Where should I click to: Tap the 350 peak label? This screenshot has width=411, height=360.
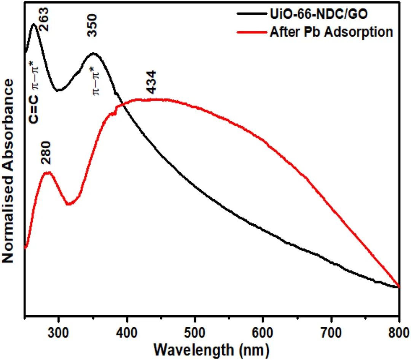[92, 25]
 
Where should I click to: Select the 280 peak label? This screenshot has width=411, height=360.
[46, 153]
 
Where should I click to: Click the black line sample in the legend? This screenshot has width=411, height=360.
[252, 16]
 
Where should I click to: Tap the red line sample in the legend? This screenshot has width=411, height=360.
[252, 32]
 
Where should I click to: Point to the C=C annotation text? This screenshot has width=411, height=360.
[34, 111]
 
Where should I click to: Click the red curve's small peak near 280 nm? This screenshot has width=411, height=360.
[48, 173]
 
